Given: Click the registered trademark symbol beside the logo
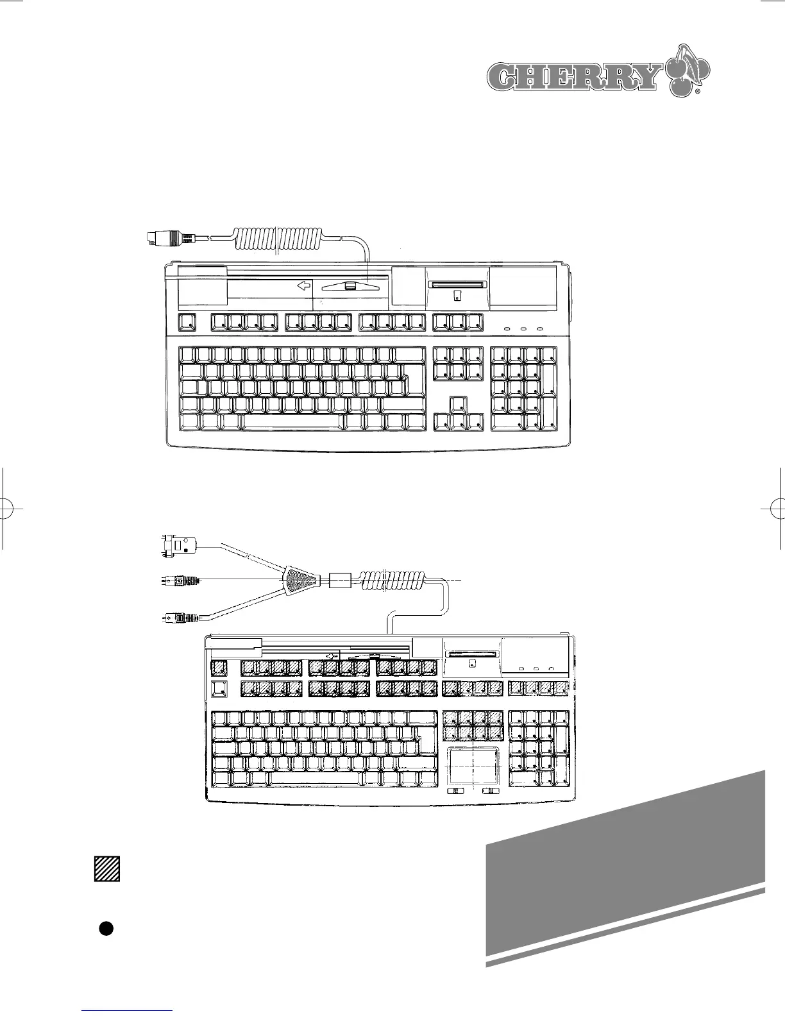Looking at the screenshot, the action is tap(697, 94).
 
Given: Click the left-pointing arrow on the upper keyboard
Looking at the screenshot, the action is tap(303, 286).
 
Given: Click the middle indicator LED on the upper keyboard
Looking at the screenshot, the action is tap(523, 330).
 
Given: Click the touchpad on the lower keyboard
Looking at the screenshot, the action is tap(473, 765).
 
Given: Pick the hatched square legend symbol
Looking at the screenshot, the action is tap(107, 868).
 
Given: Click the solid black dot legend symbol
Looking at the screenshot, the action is tap(106, 928).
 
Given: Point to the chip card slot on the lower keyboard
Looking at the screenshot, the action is tap(471, 654).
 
